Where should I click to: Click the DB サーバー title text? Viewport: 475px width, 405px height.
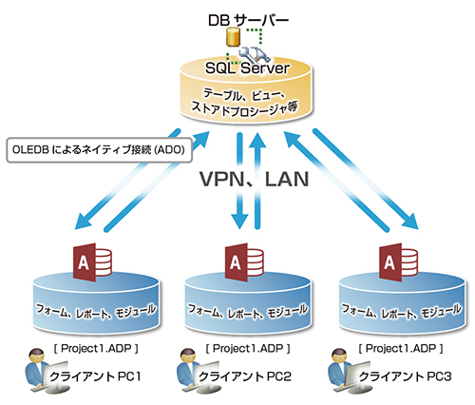pos(248,20)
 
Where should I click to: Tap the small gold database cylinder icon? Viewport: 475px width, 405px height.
pos(233,37)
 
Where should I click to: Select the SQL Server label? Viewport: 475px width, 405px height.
pos(247,67)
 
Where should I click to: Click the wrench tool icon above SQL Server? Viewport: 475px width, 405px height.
pos(255,54)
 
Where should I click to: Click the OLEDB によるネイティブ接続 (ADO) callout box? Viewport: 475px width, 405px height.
pos(100,150)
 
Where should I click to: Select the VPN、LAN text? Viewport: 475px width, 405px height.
pos(254,180)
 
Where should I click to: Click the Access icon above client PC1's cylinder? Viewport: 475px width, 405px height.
pos(92,261)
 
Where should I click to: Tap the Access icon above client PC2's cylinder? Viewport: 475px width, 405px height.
pos(244,261)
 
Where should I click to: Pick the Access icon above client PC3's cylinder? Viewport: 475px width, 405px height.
pos(398,261)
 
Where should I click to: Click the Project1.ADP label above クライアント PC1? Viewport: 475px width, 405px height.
pos(96,349)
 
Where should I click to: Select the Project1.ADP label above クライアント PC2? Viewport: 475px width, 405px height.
pos(248,349)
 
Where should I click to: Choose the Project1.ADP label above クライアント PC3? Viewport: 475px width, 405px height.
pos(401,349)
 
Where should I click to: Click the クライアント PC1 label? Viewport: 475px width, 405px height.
pos(95,376)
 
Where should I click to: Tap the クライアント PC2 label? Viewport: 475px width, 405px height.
pos(245,376)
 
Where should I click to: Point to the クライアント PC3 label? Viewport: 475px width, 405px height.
pos(405,376)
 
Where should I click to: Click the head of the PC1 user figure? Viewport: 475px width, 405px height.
pos(36,356)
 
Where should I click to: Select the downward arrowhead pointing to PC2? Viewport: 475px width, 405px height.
pos(239,221)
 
